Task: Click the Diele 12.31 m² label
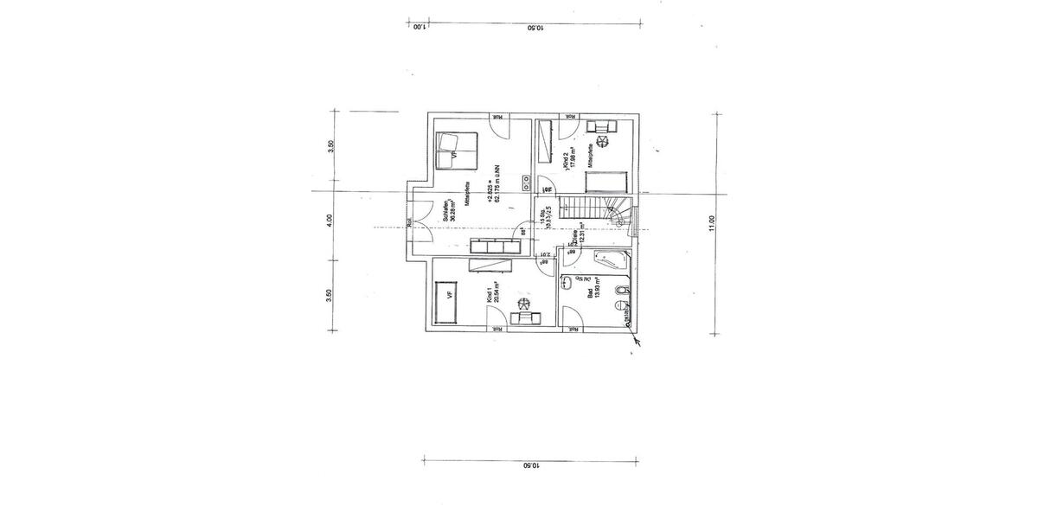579,234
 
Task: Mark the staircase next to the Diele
591,210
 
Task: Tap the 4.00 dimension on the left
330,222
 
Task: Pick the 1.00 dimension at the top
418,27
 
